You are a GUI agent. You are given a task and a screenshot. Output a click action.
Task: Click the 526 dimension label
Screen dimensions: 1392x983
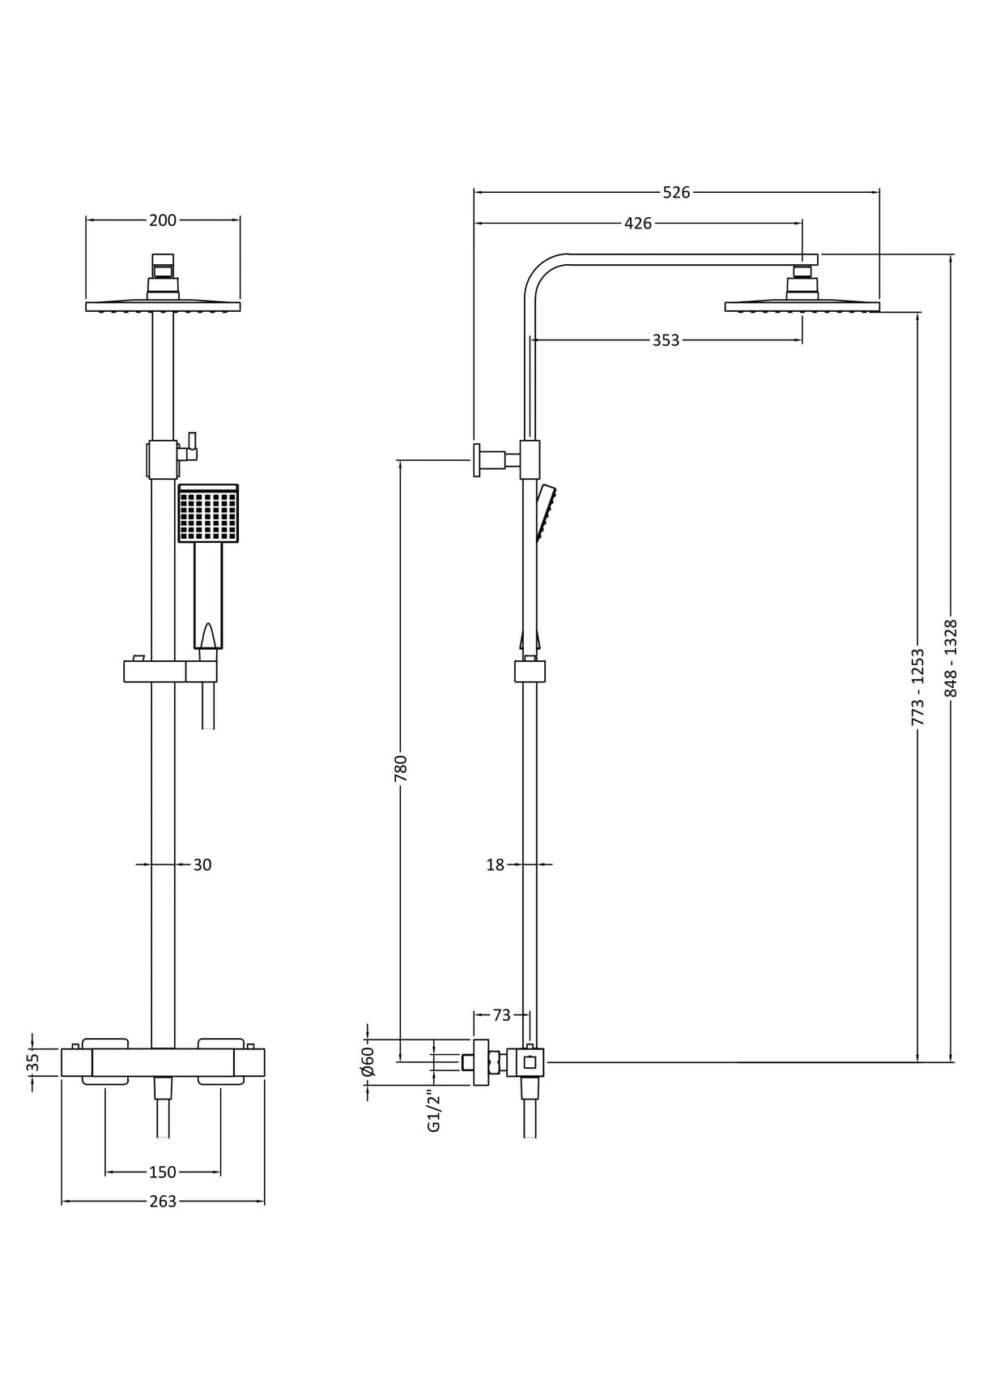point(676,192)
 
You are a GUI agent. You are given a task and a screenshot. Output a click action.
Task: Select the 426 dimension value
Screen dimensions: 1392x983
point(638,223)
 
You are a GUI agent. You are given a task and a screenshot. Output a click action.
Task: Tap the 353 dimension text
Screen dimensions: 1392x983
point(666,340)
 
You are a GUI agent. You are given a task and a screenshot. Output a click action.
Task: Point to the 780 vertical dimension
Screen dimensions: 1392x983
point(400,767)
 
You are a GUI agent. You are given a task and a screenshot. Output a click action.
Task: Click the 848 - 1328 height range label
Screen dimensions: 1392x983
point(951,658)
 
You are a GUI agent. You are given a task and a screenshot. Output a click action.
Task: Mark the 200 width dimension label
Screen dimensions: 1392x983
point(163,220)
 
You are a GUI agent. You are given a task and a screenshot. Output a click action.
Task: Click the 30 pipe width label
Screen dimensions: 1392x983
point(202,865)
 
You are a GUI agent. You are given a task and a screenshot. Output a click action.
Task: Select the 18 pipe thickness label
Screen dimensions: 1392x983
point(495,865)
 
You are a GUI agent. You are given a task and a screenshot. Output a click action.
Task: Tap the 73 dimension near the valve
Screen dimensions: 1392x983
point(501,1014)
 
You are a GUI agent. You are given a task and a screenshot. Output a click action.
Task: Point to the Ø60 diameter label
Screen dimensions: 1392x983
point(368,1061)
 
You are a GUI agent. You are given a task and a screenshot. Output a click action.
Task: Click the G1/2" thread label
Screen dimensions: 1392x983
point(434,1111)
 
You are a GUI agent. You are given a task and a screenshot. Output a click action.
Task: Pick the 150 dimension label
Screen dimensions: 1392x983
point(163,1172)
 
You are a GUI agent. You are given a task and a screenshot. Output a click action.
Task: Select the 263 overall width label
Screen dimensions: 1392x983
point(163,1201)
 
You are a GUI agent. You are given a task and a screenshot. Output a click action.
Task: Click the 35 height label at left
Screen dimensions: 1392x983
point(32,1061)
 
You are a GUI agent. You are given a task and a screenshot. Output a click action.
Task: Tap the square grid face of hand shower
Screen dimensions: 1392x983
point(208,515)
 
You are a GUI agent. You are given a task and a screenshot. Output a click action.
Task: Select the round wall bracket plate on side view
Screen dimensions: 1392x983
point(477,460)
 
